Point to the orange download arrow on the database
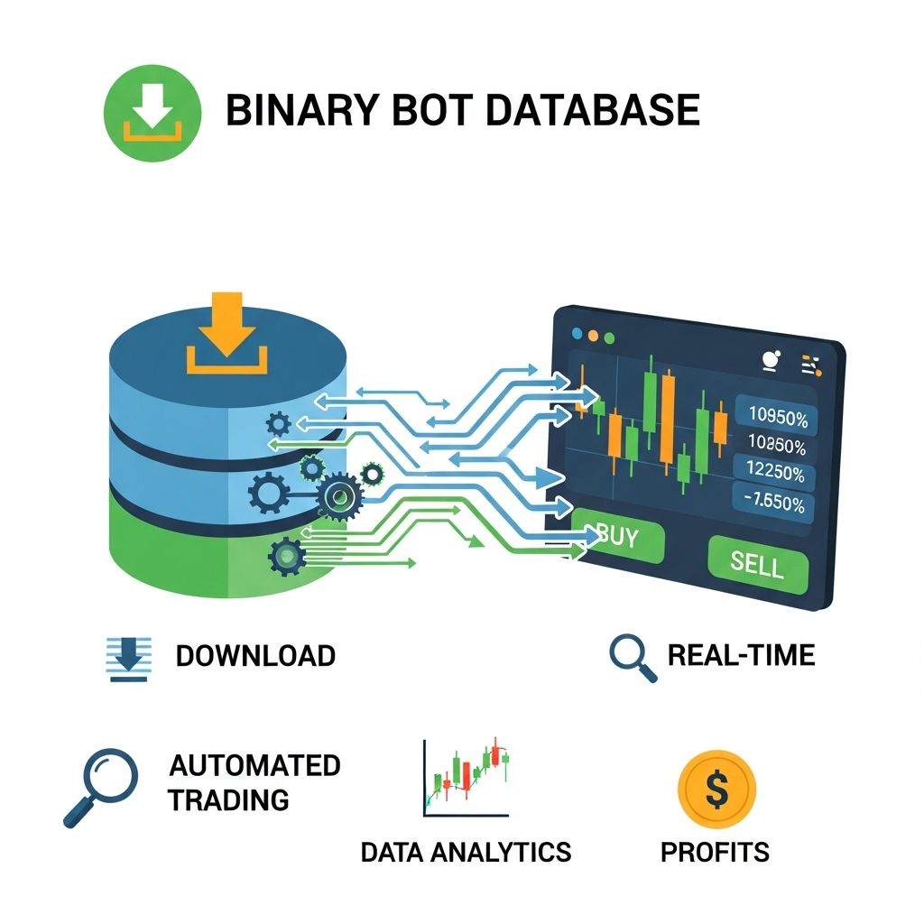pyautogui.click(x=226, y=334)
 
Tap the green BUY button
pyautogui.click(x=619, y=540)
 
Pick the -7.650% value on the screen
pyautogui.click(x=774, y=504)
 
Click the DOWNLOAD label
pyautogui.click(x=255, y=656)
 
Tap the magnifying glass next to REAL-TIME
pyautogui.click(x=632, y=657)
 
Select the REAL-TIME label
pyautogui.click(x=741, y=654)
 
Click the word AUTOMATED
pyautogui.click(x=255, y=766)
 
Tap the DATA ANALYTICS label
pyautogui.click(x=466, y=852)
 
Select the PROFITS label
pyautogui.click(x=715, y=852)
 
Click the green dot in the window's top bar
pyautogui.click(x=609, y=337)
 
